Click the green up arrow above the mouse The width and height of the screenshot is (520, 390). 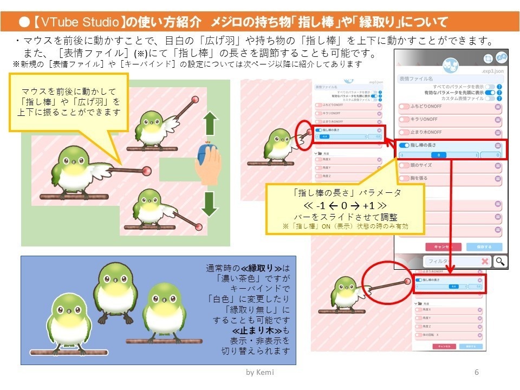point(210,125)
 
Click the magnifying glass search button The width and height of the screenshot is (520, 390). point(501,261)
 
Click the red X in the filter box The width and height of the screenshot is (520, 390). point(485,261)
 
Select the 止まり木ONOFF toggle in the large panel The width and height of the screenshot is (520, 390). point(404,133)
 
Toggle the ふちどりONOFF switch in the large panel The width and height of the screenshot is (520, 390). point(404,107)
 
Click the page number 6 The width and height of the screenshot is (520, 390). point(477,373)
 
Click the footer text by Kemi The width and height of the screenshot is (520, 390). point(259,373)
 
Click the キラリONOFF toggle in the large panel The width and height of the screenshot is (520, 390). point(404,120)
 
